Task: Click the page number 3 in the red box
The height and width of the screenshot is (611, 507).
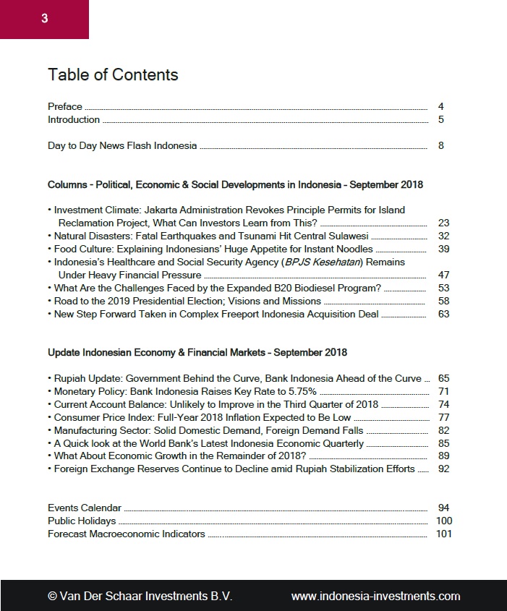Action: [x=44, y=19]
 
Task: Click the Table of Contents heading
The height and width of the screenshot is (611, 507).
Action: [x=113, y=74]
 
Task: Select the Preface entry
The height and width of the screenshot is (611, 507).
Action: [x=65, y=106]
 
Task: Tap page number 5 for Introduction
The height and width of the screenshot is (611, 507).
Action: [x=440, y=119]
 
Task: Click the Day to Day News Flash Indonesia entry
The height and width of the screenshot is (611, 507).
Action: [x=122, y=145]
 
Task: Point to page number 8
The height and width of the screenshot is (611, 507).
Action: [x=440, y=145]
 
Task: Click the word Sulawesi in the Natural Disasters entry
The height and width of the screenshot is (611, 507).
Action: [x=346, y=236]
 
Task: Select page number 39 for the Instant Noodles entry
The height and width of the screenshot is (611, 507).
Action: [x=443, y=249]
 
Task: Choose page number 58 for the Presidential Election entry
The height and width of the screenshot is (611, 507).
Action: [x=443, y=301]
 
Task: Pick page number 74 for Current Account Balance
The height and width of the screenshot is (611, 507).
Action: [x=443, y=404]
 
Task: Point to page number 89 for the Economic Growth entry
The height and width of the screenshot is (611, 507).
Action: [x=443, y=456]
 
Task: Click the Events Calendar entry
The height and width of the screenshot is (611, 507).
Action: [x=85, y=508]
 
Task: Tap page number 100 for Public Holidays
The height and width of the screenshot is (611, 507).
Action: [x=443, y=521]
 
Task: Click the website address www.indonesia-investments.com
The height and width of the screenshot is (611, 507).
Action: [x=375, y=596]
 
